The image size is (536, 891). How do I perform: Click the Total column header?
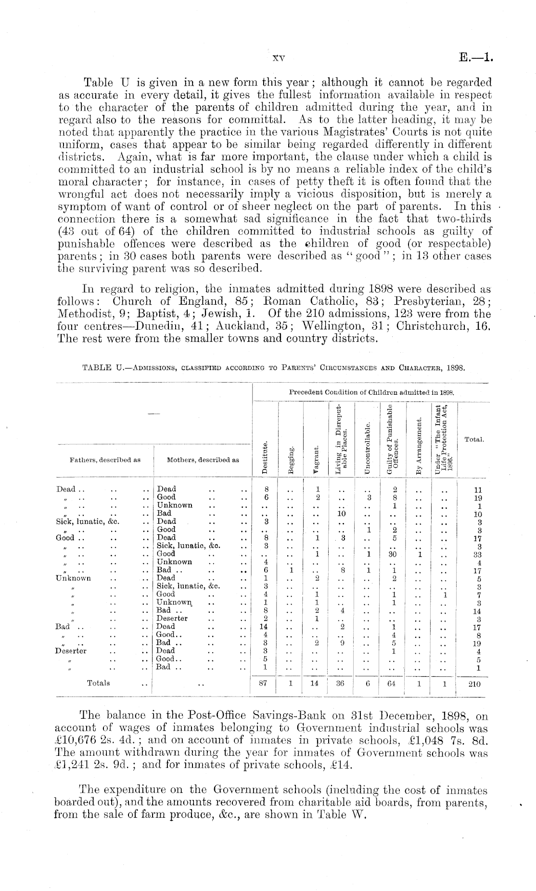click(474, 439)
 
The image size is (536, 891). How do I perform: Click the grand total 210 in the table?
click(474, 684)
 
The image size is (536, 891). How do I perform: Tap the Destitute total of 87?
click(263, 683)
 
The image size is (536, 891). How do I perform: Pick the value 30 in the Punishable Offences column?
click(392, 554)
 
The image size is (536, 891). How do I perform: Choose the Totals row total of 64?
click(391, 683)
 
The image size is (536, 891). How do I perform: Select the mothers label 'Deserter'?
click(172, 618)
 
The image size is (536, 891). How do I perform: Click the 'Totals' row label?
click(98, 683)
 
